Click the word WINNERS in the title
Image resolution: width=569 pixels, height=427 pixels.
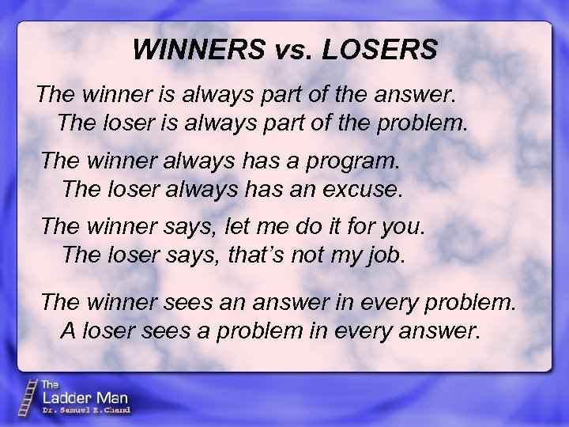(199, 49)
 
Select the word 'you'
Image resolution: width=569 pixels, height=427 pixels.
(405, 226)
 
